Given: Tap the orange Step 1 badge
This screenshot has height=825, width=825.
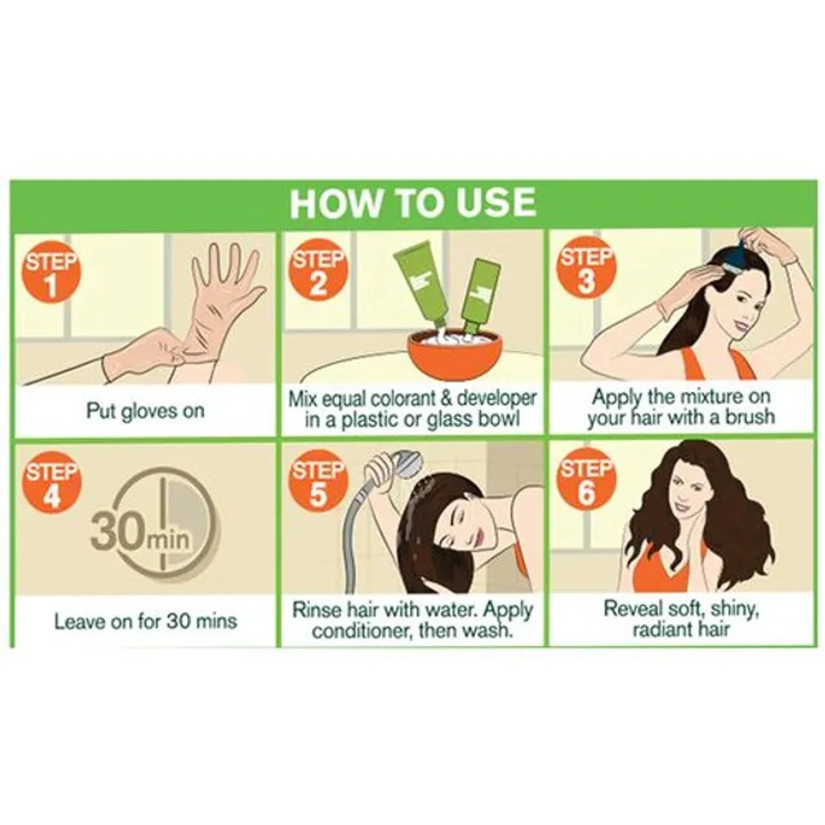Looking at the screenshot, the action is pyautogui.click(x=52, y=274).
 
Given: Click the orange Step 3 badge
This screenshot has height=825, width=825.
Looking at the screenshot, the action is pyautogui.click(x=586, y=271).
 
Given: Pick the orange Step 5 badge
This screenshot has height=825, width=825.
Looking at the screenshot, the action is pyautogui.click(x=317, y=484).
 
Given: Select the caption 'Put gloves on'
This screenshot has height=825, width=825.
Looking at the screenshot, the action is pyautogui.click(x=145, y=411).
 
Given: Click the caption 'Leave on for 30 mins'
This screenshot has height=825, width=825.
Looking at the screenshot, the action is pyautogui.click(x=146, y=621).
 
